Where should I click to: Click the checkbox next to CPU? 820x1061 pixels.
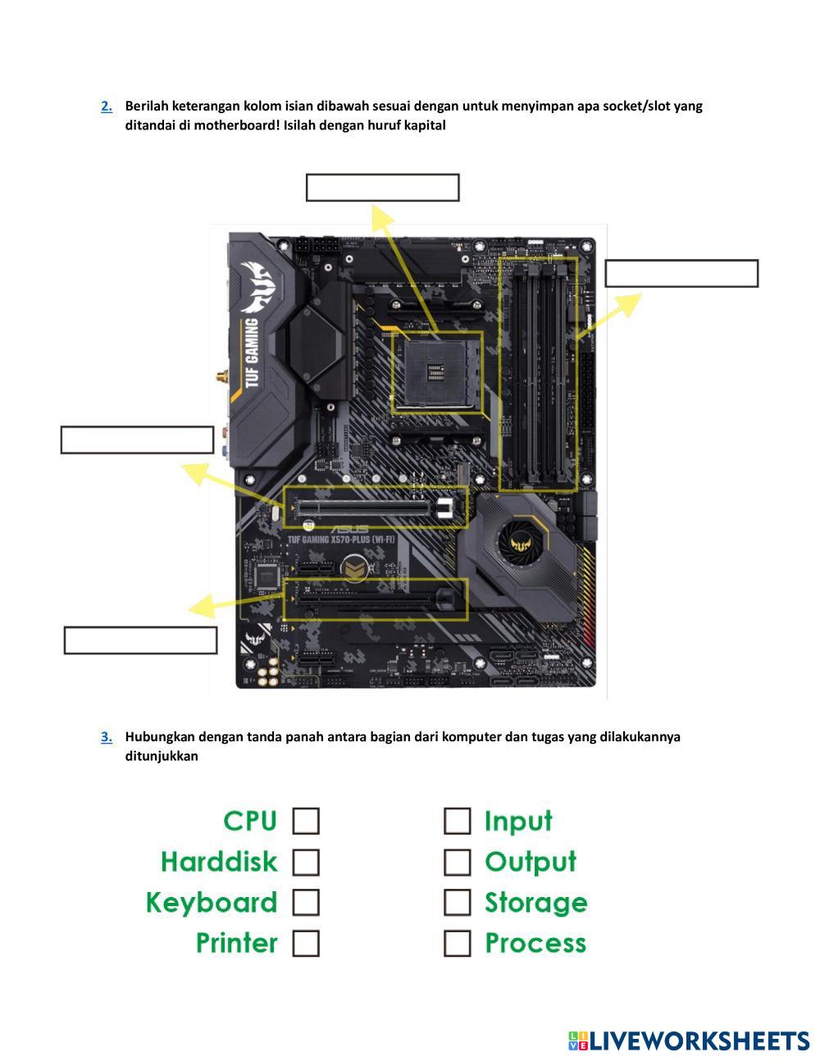click(306, 821)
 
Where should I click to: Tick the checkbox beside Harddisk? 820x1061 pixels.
click(306, 862)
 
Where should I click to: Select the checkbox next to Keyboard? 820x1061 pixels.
click(306, 903)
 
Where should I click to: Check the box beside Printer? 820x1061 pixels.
click(306, 943)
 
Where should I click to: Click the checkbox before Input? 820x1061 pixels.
click(458, 821)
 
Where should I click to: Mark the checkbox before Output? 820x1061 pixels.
click(458, 862)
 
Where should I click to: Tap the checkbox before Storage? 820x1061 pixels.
click(458, 903)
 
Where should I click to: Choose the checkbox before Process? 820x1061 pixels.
click(458, 943)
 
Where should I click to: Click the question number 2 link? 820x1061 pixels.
click(107, 106)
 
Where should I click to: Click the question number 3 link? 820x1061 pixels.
click(107, 736)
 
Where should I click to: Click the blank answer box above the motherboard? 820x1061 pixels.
click(382, 188)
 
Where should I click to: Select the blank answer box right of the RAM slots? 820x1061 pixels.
click(681, 274)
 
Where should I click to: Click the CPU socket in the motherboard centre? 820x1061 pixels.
click(437, 371)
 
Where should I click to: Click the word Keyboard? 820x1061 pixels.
click(212, 903)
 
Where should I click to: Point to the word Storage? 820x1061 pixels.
click(536, 903)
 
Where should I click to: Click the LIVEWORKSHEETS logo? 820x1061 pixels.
click(689, 1041)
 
